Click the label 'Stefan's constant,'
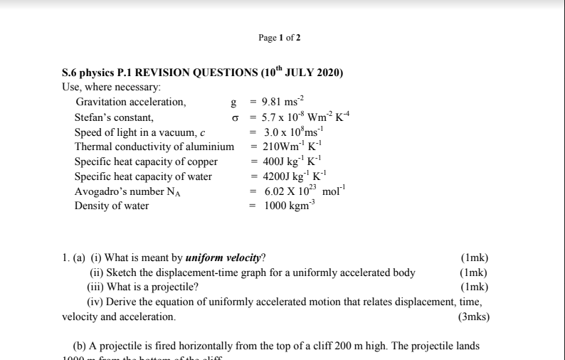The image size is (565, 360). click(114, 117)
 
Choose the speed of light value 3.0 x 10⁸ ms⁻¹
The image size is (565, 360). click(293, 132)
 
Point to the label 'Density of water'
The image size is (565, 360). click(112, 206)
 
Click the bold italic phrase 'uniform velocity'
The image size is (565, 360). click(223, 258)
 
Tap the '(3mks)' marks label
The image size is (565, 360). click(473, 317)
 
